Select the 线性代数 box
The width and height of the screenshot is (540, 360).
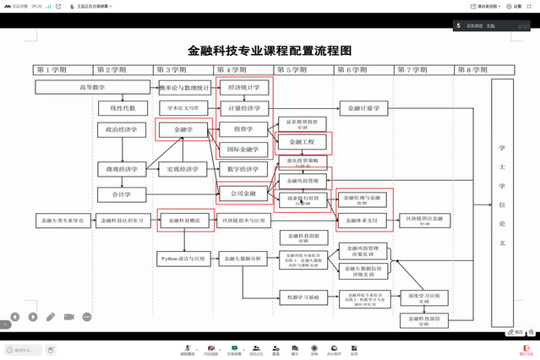tap(123, 108)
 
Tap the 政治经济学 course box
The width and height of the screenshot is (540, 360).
tap(123, 130)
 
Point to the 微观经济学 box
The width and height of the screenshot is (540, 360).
tap(123, 169)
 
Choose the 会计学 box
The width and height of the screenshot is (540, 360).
tap(123, 194)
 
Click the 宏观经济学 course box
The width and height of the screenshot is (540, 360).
tap(183, 169)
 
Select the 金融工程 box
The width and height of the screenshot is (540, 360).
tap(302, 141)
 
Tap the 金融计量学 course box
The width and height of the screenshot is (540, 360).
tap(364, 108)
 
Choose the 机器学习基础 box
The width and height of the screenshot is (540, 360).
tap(302, 297)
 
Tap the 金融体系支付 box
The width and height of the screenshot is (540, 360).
tap(364, 221)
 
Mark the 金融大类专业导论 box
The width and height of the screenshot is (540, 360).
tap(62, 221)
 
